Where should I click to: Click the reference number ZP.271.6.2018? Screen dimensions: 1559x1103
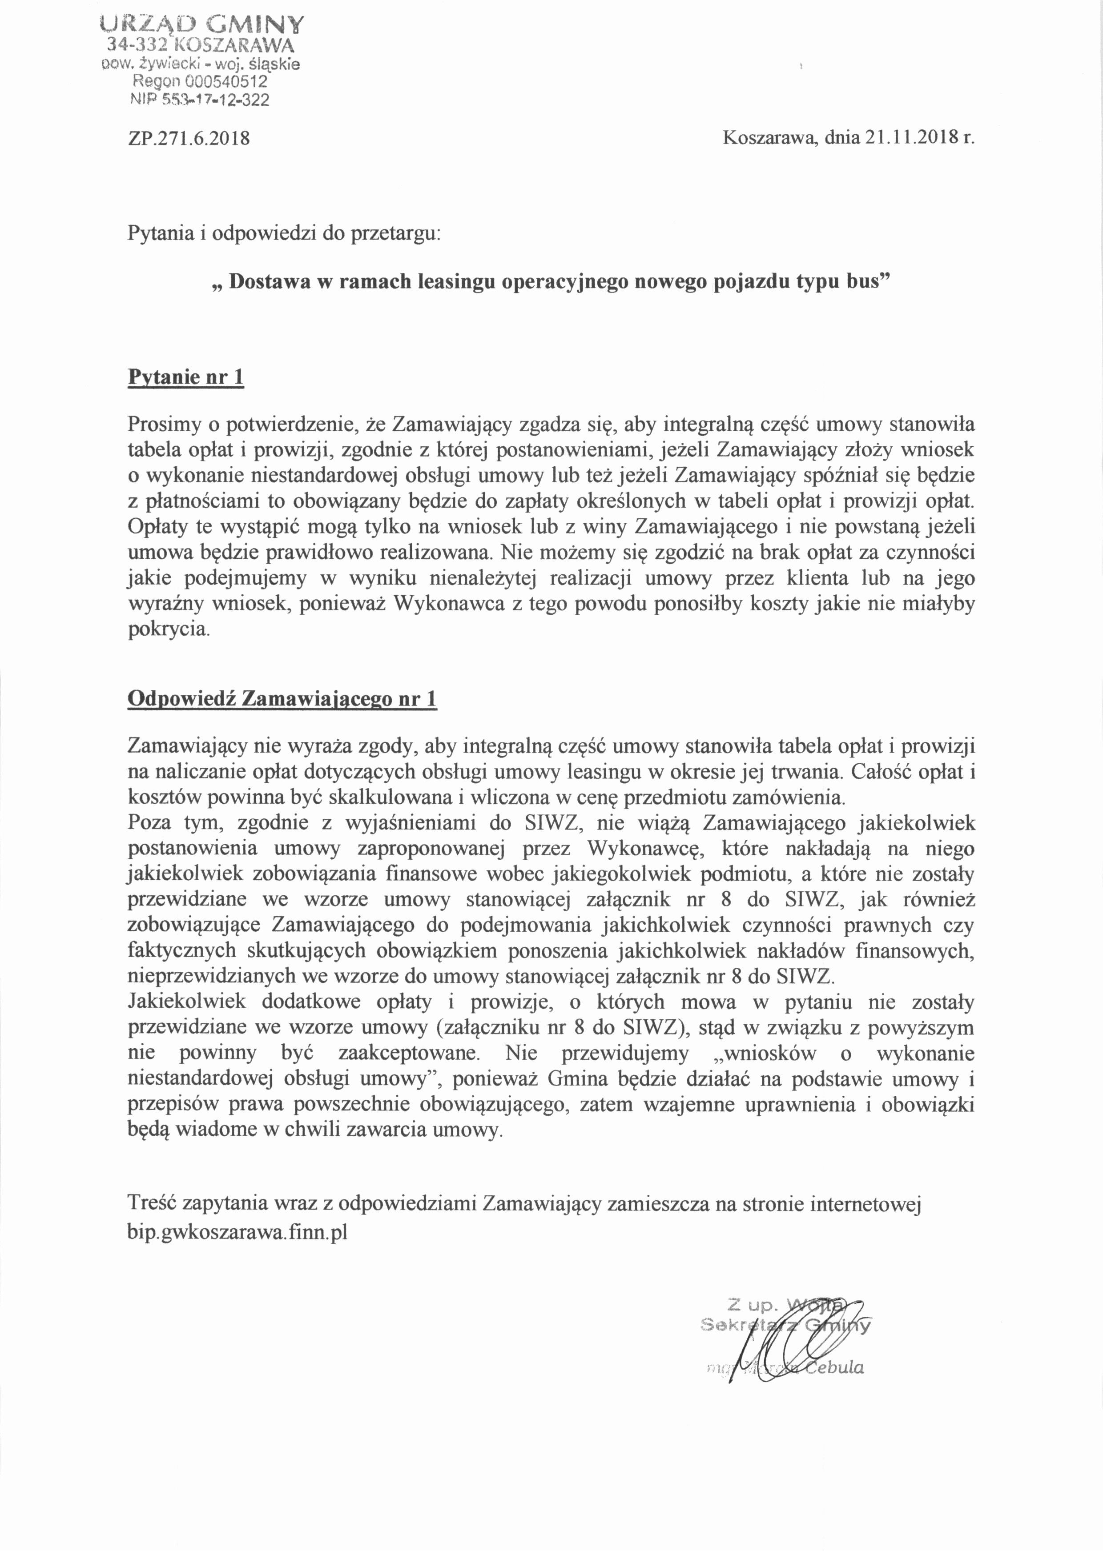[x=189, y=139]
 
